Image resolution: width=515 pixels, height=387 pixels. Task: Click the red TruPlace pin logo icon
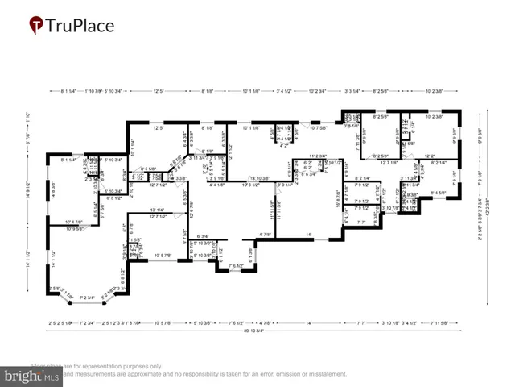tap(36, 26)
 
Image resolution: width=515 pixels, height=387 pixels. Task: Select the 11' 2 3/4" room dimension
tap(317, 156)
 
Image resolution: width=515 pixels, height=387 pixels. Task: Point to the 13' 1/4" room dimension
tap(158, 210)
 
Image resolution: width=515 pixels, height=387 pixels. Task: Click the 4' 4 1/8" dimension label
tap(216, 185)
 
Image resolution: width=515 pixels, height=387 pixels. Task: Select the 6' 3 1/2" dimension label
tap(112, 197)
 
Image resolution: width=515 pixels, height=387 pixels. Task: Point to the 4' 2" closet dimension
tap(283, 146)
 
